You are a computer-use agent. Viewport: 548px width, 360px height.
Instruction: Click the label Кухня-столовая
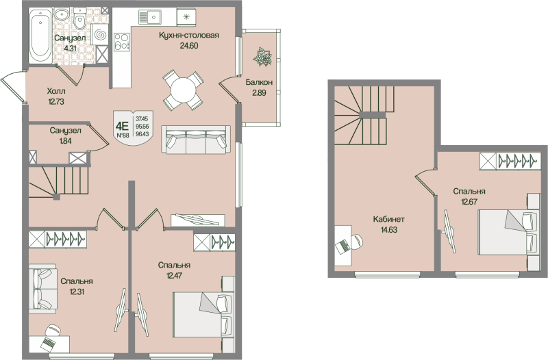(x=188, y=36)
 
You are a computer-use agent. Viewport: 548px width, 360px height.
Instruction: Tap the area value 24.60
(x=188, y=46)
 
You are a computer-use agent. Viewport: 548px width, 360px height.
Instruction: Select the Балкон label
(x=260, y=82)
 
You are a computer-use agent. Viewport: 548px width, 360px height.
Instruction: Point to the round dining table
(x=183, y=90)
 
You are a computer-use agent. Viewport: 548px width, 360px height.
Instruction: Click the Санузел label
(x=66, y=130)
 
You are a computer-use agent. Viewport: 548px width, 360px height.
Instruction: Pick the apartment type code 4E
(x=123, y=125)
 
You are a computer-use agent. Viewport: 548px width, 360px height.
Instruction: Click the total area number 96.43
(x=142, y=135)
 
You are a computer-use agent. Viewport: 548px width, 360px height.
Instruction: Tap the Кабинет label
(x=388, y=219)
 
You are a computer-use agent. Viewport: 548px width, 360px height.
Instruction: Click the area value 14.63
(x=388, y=230)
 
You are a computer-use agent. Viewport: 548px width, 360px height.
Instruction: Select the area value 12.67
(x=469, y=202)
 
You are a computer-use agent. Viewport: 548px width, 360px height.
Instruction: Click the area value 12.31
(x=76, y=291)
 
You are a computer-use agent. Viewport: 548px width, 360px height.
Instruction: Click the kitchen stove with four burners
(x=122, y=42)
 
